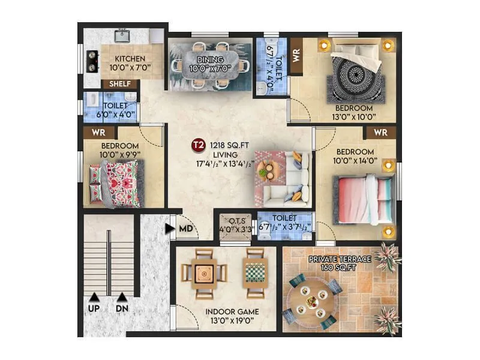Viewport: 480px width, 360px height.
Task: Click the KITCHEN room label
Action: [130, 59]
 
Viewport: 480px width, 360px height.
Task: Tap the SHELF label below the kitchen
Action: [120, 85]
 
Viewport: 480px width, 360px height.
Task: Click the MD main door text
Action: [185, 228]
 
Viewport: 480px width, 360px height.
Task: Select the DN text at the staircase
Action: [122, 308]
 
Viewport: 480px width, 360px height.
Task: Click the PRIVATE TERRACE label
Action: [340, 259]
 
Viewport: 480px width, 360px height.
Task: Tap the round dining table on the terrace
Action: [311, 301]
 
